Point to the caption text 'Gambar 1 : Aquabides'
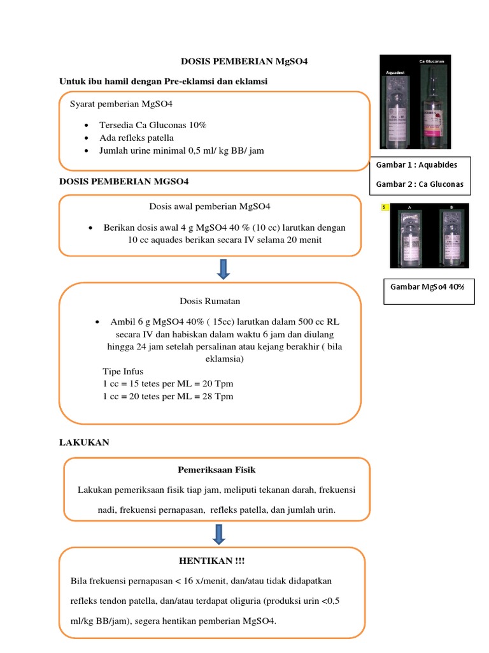[416, 165]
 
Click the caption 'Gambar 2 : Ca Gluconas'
[420, 185]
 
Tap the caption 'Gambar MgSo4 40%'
[427, 286]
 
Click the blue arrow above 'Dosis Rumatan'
[223, 268]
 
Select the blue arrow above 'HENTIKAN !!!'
[218, 534]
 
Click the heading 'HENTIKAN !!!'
[212, 561]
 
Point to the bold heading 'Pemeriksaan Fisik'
[216, 470]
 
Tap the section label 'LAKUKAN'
[84, 442]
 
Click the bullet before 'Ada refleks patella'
[85, 138]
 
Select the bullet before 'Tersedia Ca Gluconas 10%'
[85, 126]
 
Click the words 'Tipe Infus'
[123, 372]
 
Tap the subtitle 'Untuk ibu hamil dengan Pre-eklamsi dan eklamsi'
[163, 82]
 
